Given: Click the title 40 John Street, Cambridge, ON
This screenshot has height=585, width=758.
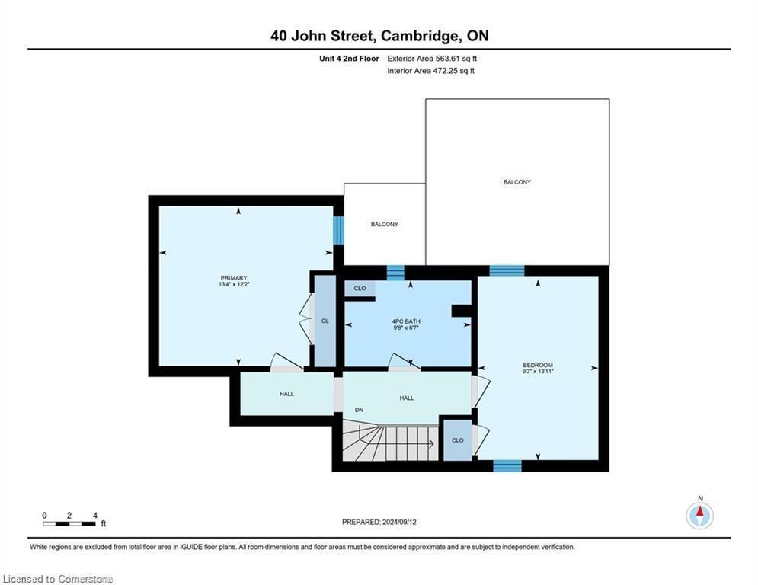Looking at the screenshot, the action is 379,36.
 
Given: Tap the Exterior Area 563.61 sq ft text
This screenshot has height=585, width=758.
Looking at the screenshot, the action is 432,59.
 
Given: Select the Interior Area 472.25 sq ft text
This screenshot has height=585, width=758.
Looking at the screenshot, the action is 430,71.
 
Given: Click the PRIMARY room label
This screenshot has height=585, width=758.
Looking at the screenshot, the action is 234,278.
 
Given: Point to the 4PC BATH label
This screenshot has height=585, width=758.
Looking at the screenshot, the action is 406,321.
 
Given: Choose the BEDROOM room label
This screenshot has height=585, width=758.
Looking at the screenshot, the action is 538,365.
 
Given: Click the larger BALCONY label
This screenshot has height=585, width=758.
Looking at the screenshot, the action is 517,182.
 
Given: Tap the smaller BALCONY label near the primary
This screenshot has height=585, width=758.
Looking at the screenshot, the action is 385,225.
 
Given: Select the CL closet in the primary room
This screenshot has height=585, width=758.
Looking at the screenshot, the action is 325,321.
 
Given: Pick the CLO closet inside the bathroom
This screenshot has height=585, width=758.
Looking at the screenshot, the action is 360,288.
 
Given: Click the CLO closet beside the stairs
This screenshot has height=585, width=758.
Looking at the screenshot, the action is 457,440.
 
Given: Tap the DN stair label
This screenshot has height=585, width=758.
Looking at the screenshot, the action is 359,410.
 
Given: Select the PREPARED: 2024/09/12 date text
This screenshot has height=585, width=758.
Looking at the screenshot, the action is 379,522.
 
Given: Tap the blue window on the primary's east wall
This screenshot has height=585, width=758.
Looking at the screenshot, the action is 338,230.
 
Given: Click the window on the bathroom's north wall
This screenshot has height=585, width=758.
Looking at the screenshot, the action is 395,273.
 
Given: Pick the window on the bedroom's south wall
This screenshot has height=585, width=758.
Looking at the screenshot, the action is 507,466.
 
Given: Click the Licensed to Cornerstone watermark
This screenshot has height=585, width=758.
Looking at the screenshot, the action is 58,579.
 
